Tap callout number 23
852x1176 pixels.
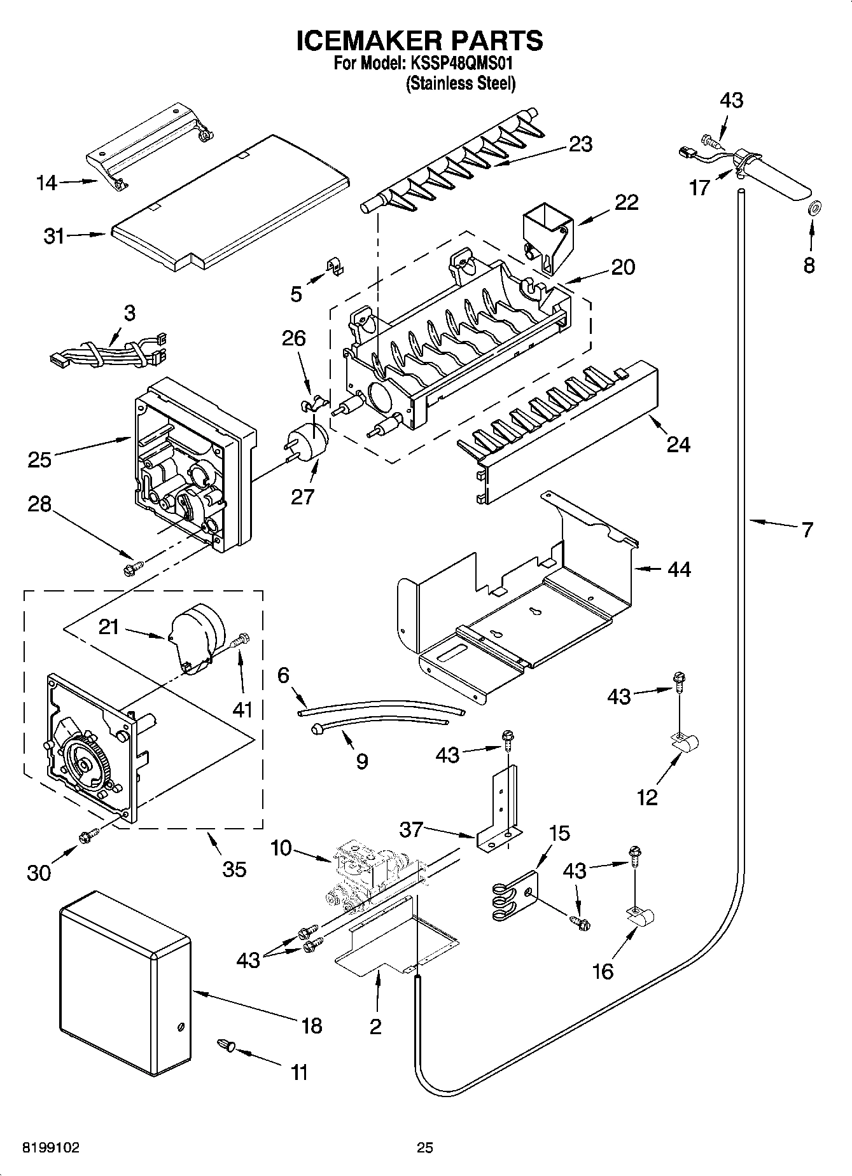580,144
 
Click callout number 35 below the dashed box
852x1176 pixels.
234,869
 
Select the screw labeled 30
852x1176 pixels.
87,837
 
